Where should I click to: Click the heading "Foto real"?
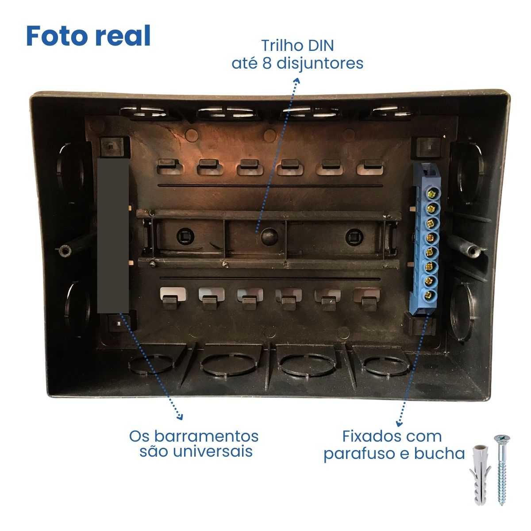88,36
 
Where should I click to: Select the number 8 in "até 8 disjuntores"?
267,63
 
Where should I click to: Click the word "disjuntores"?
319,64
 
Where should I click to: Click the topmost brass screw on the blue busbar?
431,194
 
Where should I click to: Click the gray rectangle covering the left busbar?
113,235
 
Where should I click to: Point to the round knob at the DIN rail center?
269,236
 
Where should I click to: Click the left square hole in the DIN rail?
185,236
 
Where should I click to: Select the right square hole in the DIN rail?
354,237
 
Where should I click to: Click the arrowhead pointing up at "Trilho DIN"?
297,81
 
